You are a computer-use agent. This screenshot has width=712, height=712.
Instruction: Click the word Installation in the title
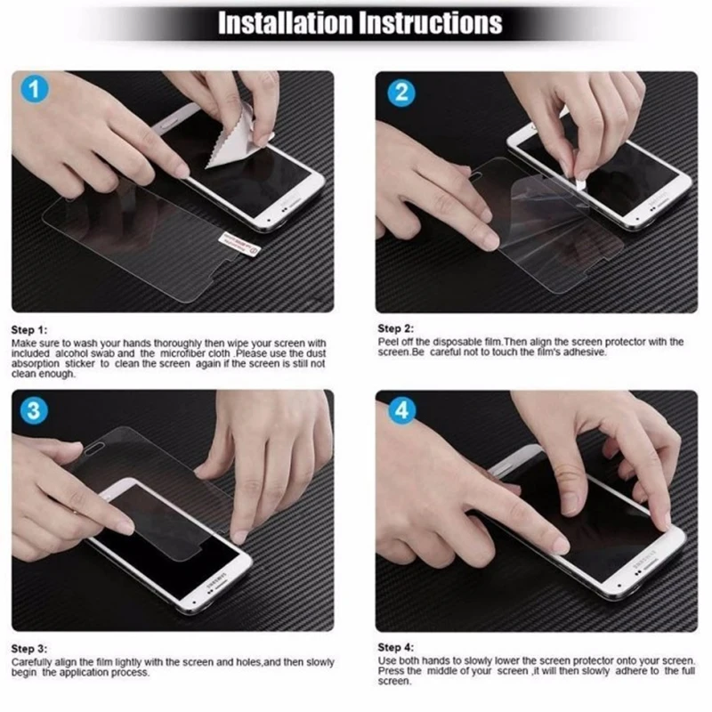tap(285, 23)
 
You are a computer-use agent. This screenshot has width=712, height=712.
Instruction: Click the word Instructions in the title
tap(430, 23)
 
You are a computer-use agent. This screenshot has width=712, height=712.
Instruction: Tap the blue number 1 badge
tap(35, 89)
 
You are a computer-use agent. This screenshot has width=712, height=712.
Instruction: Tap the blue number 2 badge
tap(401, 93)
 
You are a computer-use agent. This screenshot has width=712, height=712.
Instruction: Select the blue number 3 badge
tap(35, 410)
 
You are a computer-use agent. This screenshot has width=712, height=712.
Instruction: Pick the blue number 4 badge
tap(402, 410)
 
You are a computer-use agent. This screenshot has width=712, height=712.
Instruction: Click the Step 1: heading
tap(29, 330)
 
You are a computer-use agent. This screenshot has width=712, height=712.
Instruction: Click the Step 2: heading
tap(395, 328)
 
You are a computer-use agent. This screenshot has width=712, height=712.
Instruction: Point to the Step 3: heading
tap(29, 649)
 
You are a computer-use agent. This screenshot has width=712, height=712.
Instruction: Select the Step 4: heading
tap(395, 647)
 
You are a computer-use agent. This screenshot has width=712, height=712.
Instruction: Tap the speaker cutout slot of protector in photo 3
tap(94, 449)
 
